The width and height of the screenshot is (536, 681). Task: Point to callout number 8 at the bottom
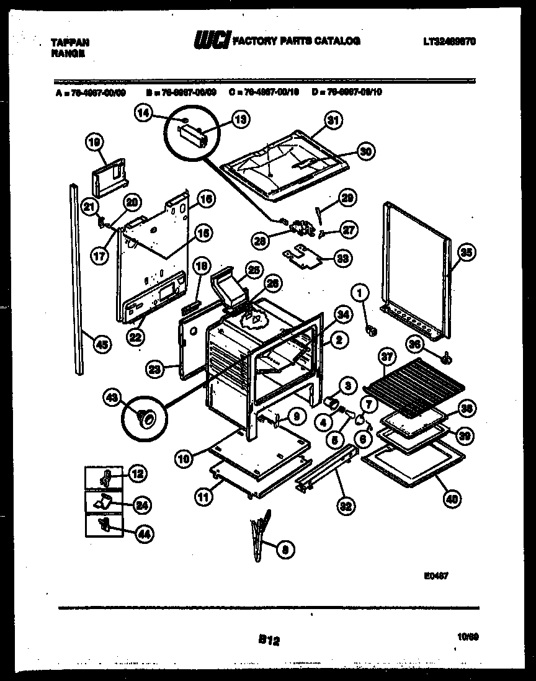pos(285,548)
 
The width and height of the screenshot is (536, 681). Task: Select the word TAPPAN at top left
pos(69,42)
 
